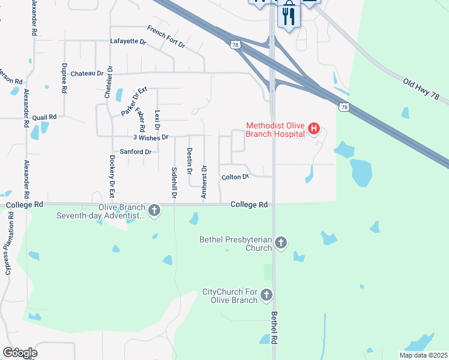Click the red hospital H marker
pyautogui.click(x=314, y=130)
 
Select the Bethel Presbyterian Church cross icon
pyautogui.click(x=281, y=242)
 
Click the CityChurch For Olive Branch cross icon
pyautogui.click(x=267, y=295)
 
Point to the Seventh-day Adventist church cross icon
pyautogui.click(x=154, y=211)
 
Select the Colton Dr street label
pyautogui.click(x=235, y=177)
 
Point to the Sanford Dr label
pyautogui.click(x=135, y=152)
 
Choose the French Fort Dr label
pyautogui.click(x=166, y=35)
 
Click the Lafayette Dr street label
pyautogui.click(x=128, y=42)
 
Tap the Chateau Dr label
pyautogui.click(x=87, y=73)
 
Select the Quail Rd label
pyautogui.click(x=44, y=117)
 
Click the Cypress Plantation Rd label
pyautogui.click(x=9, y=251)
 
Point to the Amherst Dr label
pyautogui.click(x=204, y=182)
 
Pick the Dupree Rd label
pyautogui.click(x=64, y=77)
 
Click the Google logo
pyautogui.click(x=20, y=353)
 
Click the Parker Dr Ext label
pyautogui.click(x=134, y=100)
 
